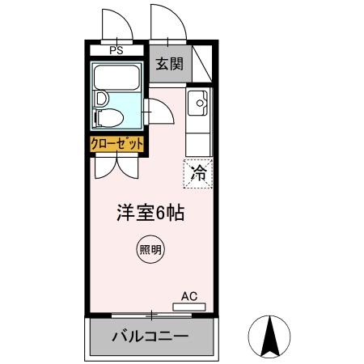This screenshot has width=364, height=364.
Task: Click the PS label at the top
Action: click(116, 50)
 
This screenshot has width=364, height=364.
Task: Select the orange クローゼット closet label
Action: click(117, 144)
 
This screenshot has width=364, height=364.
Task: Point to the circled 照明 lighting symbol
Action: click(149, 250)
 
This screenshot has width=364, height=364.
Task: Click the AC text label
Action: click(189, 296)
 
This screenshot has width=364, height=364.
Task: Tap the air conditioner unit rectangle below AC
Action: click(188, 307)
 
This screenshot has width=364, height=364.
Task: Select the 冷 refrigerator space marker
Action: click(198, 171)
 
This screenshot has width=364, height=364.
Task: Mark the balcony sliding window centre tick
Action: click(150, 313)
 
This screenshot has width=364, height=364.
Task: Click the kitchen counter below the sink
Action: click(197, 138)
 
